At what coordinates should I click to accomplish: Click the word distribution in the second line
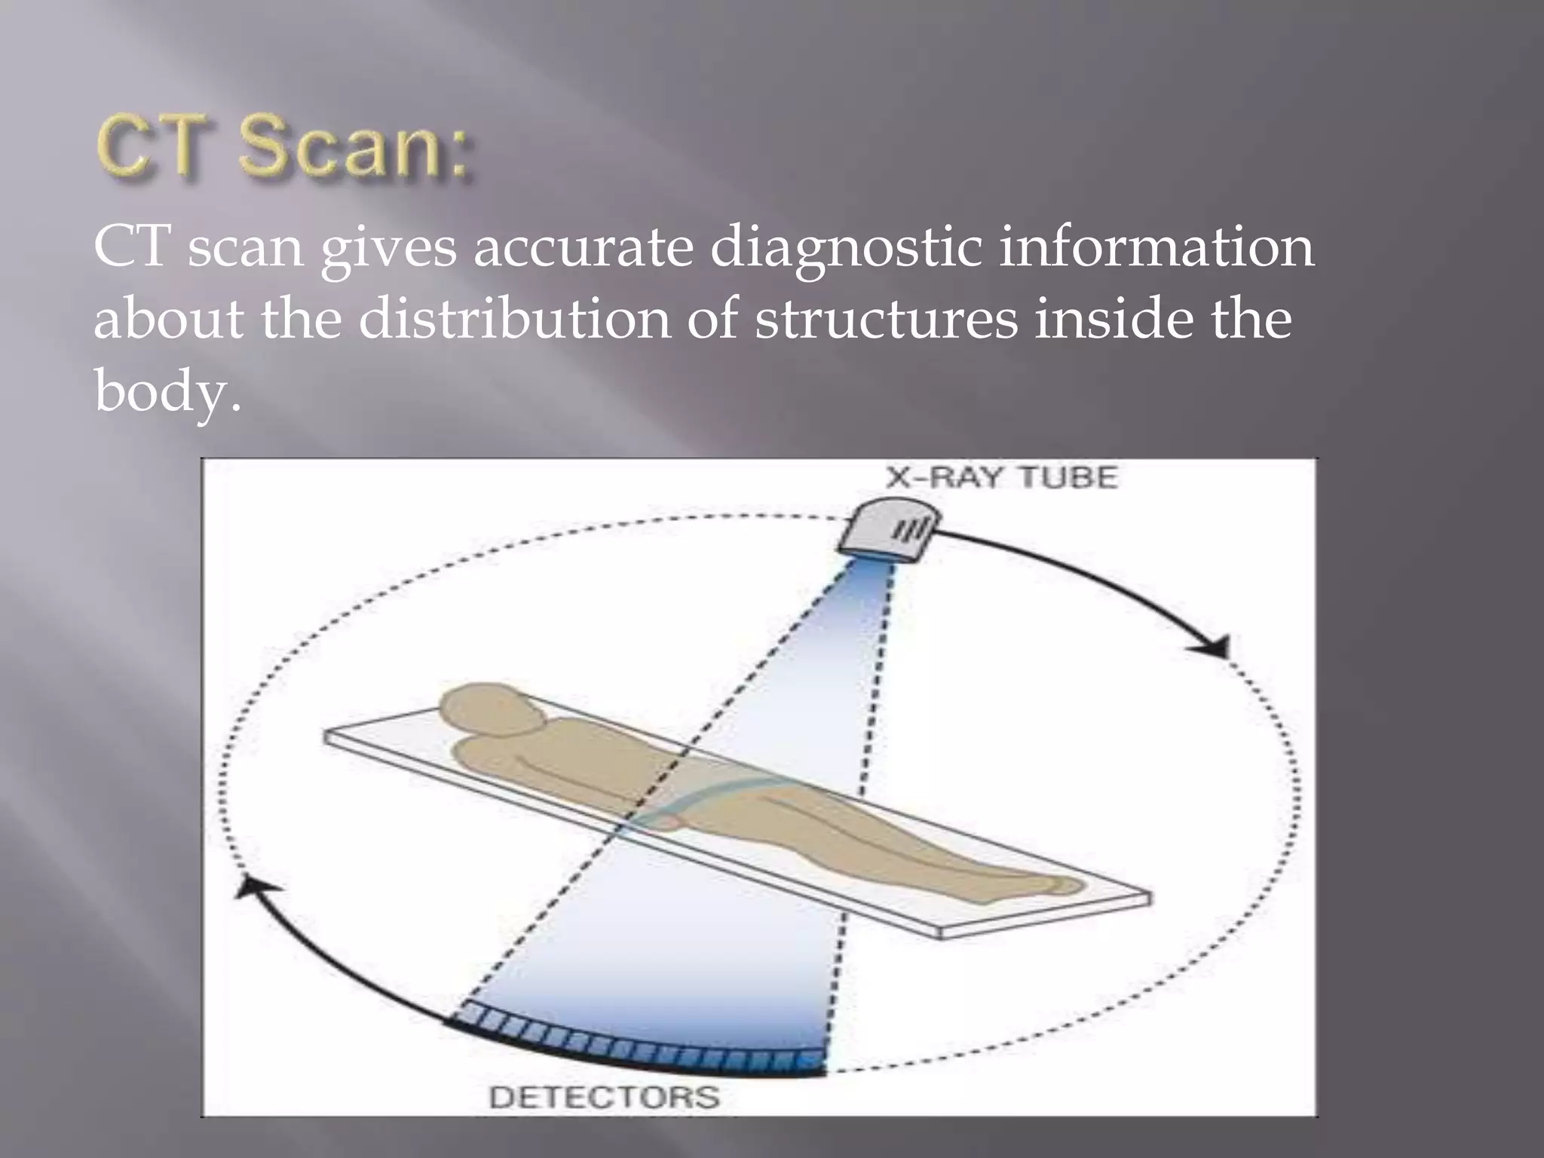coord(514,318)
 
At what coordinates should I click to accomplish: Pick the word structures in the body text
coord(886,320)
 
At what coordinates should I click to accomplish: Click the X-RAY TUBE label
coord(1000,478)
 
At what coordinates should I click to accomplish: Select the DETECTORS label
coord(604,1097)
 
